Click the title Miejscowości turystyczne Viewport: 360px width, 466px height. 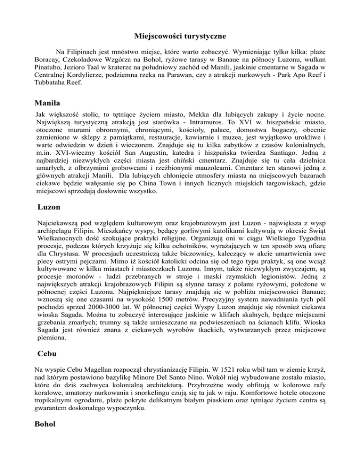[180, 36]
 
